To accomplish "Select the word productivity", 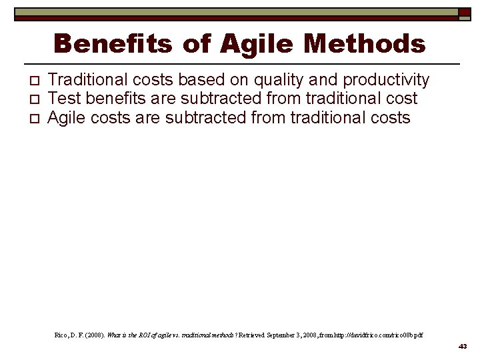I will pos(386,81).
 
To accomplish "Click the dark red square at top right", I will pos(463,12).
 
